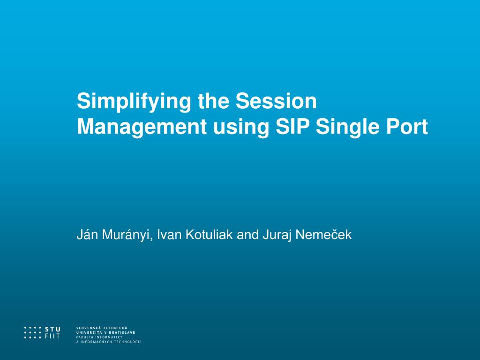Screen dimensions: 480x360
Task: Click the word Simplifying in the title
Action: click(134, 102)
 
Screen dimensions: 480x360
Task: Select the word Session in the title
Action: click(276, 101)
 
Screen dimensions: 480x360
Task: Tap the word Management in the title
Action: click(142, 127)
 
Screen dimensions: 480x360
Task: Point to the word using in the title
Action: click(241, 127)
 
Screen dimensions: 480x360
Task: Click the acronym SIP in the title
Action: click(292, 127)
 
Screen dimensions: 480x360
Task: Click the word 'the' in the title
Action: click(213, 101)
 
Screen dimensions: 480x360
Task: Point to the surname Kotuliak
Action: click(210, 234)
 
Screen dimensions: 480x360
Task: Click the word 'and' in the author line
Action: click(247, 234)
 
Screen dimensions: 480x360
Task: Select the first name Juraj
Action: click(277, 235)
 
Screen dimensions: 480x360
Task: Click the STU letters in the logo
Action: click(52, 330)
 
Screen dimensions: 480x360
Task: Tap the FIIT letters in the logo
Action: click(52, 336)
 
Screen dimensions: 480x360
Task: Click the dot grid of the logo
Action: click(32, 333)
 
